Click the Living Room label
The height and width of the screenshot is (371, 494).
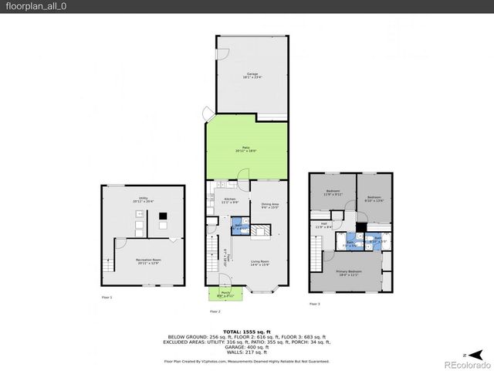(259, 264)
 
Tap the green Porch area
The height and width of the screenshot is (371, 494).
(225, 294)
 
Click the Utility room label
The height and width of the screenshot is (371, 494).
(143, 200)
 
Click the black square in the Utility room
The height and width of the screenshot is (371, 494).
(163, 226)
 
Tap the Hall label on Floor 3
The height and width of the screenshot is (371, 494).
(323, 226)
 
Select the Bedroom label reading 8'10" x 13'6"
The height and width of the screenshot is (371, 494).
(374, 197)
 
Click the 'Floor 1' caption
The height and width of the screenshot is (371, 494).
(107, 298)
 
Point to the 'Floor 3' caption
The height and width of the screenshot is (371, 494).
(314, 305)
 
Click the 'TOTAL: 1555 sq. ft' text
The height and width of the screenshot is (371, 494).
(246, 331)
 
